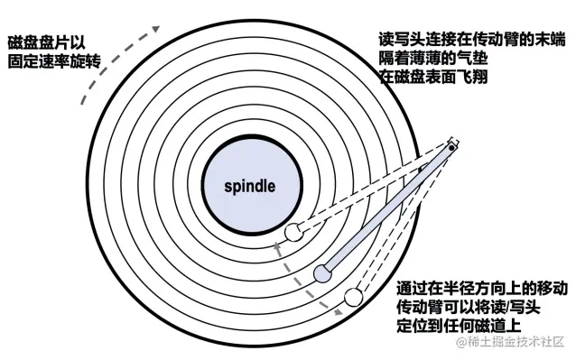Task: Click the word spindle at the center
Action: click(x=248, y=187)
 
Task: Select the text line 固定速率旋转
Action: click(x=51, y=63)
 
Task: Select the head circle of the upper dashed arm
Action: click(x=293, y=233)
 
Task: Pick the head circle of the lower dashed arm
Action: click(x=352, y=297)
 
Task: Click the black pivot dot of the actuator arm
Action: click(x=451, y=147)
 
